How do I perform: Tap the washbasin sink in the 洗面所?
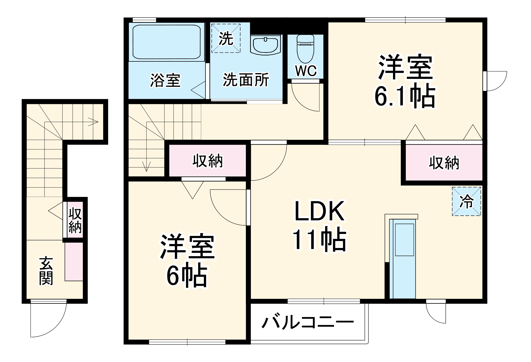pos(265,45)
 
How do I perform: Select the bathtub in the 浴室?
pos(166,42)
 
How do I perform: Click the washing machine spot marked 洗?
pos(226,38)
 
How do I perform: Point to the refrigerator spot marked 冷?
pos(466,201)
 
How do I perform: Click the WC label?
pos(306,71)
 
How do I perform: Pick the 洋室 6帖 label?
pos(187,260)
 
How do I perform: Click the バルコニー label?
pos(308,322)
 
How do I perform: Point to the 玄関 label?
pos(46,271)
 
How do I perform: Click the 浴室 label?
pos(165,80)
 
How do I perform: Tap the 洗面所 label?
pos(246,79)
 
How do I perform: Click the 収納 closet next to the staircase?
pos(208,161)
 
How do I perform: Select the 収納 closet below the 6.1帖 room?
pos(444,163)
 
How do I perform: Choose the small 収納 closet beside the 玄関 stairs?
pos(75,220)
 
